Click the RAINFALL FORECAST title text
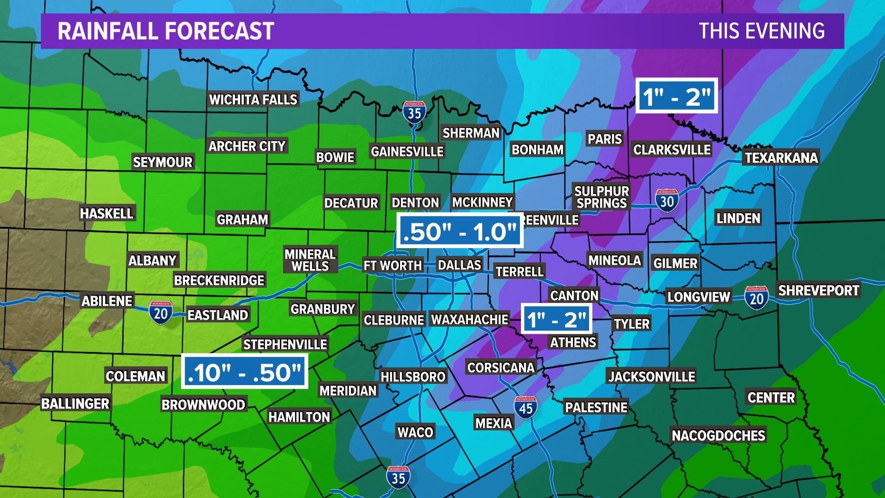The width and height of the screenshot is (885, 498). click(166, 31)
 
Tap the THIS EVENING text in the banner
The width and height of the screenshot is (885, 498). click(761, 31)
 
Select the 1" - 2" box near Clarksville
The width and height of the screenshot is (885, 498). click(677, 96)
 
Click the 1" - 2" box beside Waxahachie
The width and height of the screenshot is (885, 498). click(556, 319)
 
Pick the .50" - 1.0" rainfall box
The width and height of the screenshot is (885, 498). click(460, 231)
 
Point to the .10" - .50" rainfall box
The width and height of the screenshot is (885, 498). click(245, 372)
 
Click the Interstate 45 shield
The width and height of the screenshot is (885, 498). click(525, 407)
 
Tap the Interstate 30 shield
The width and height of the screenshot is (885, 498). click(667, 200)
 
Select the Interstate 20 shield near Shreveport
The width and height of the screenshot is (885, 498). click(756, 297)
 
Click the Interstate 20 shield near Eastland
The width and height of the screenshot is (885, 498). click(160, 313)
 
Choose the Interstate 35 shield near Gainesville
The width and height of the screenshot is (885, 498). click(414, 112)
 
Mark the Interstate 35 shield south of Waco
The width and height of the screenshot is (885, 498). click(398, 477)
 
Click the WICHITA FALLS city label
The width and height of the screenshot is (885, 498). click(253, 99)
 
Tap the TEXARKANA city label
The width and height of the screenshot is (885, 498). click(781, 158)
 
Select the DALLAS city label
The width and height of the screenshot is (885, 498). click(459, 265)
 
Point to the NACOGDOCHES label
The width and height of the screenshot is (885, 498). click(718, 435)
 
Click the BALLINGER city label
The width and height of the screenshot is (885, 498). click(76, 403)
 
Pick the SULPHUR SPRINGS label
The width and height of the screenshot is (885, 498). click(602, 197)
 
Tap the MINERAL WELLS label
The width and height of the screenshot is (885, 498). click(310, 260)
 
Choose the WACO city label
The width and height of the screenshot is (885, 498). click(415, 432)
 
